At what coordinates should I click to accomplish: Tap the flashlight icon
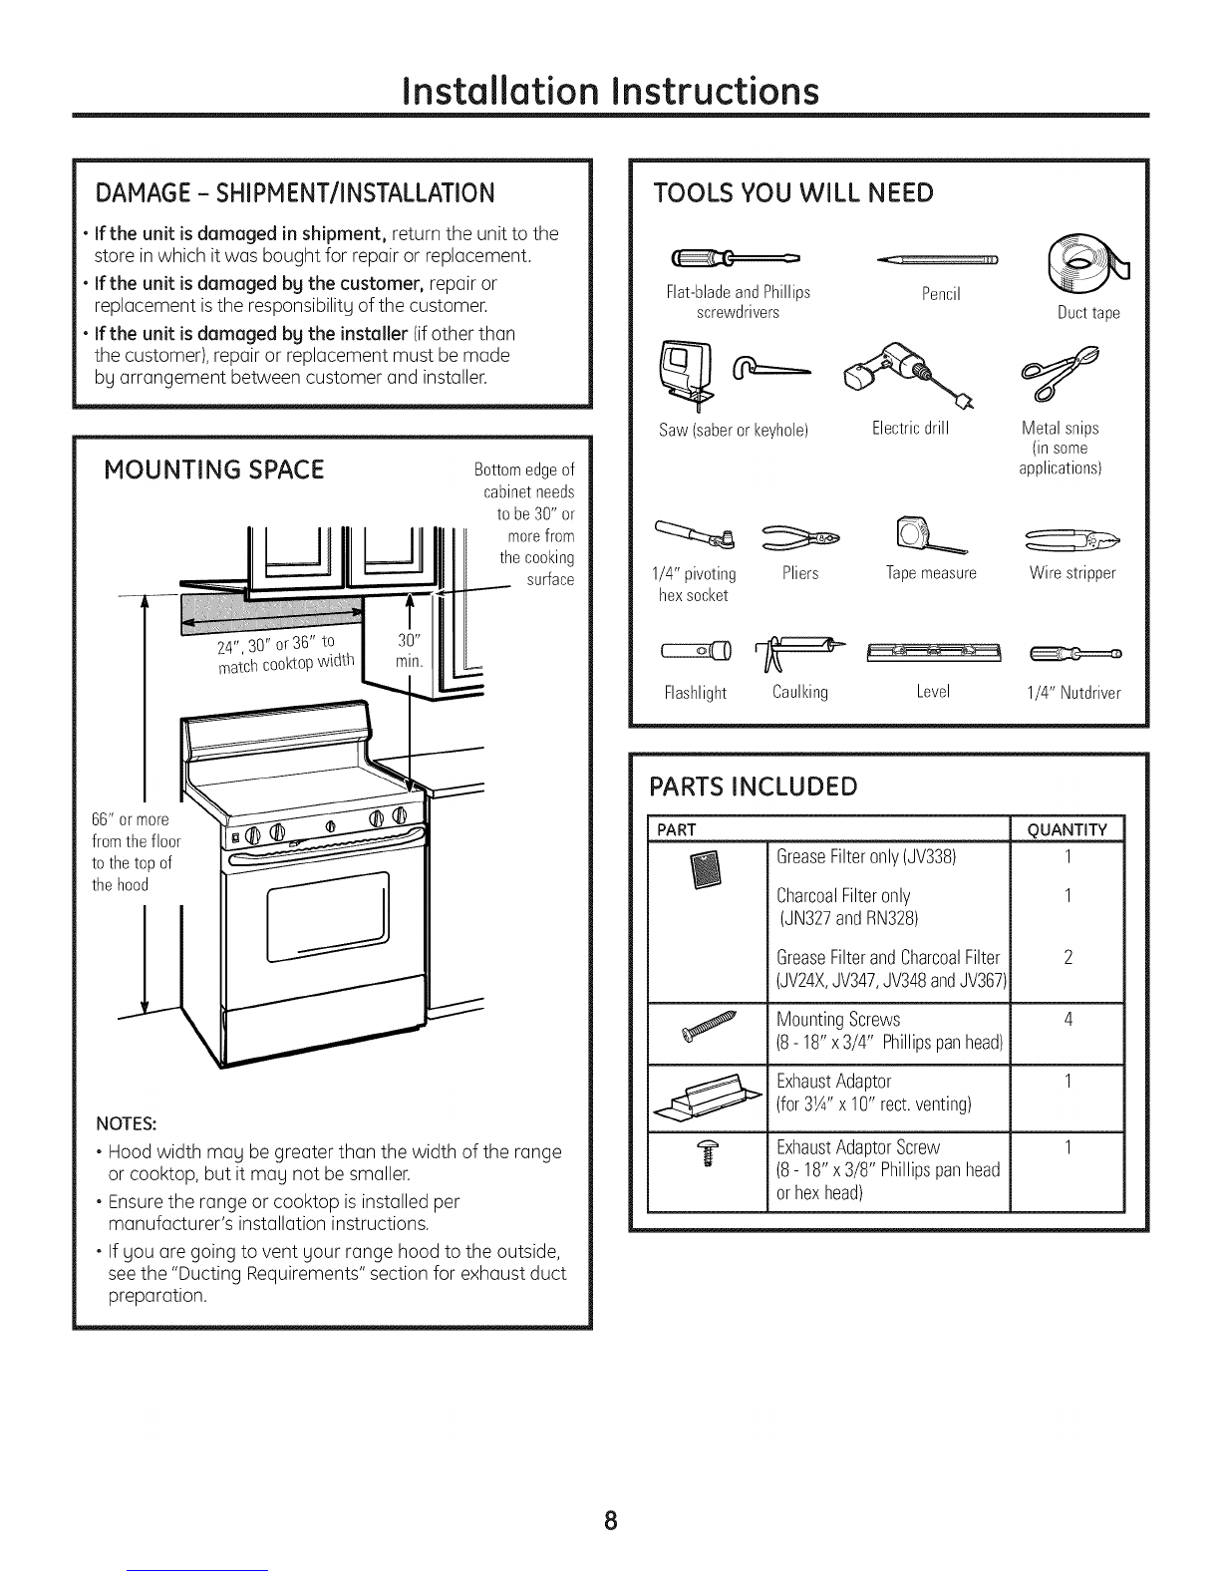click(x=695, y=654)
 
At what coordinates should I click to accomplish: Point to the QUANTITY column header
click(x=1067, y=830)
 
